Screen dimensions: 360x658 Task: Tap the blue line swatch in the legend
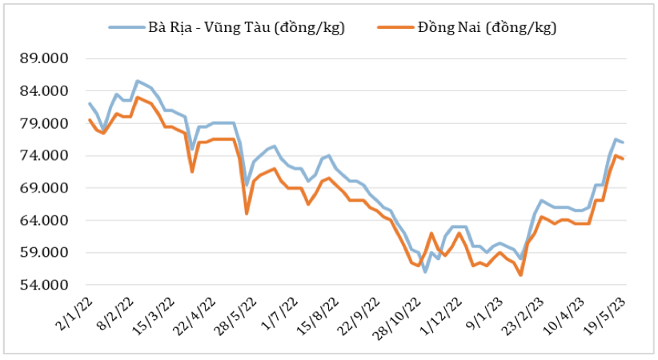[x=126, y=28]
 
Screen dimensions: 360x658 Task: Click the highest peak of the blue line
[x=138, y=81]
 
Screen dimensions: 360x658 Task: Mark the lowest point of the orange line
[x=520, y=275]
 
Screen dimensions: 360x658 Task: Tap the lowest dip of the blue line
[x=425, y=272]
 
